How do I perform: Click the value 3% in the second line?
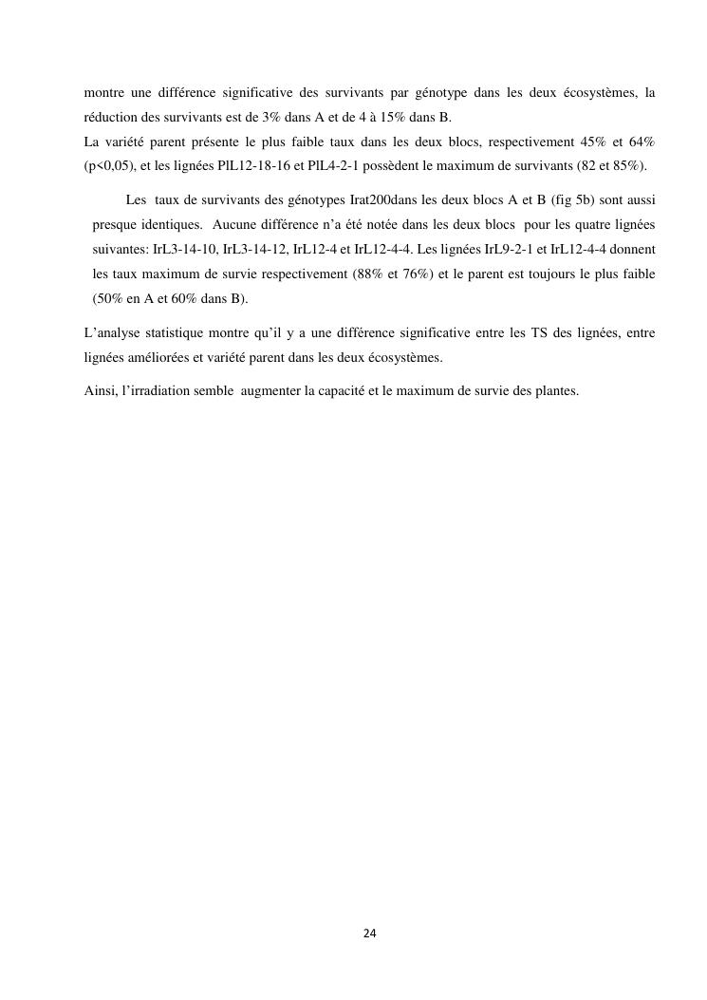coord(270,117)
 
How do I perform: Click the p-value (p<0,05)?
coord(109,166)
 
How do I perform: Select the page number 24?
coord(369,934)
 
